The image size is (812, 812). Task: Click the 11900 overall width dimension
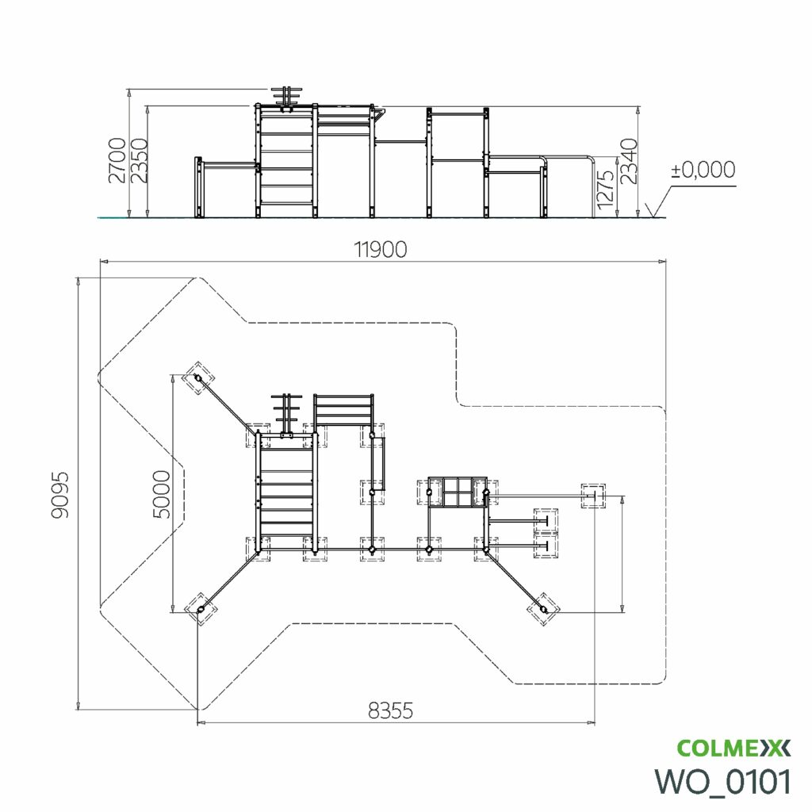381,250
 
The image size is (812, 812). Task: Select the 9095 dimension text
59,495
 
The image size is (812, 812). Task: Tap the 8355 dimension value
390,711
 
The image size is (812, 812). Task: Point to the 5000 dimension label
162,494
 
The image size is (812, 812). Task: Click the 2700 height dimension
117,160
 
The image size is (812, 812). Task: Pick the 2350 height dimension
139,160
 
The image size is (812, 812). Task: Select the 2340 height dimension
629,161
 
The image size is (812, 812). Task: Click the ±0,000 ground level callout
703,170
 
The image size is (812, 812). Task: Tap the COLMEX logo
733,749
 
